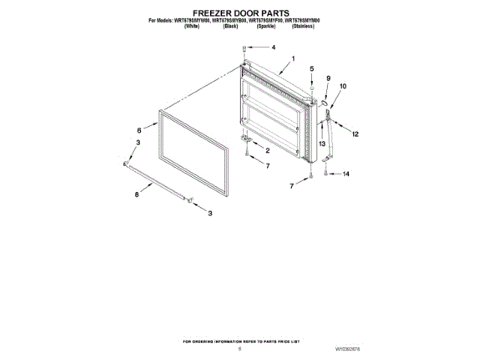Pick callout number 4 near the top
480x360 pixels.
(x=273, y=47)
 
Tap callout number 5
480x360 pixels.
(x=312, y=69)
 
